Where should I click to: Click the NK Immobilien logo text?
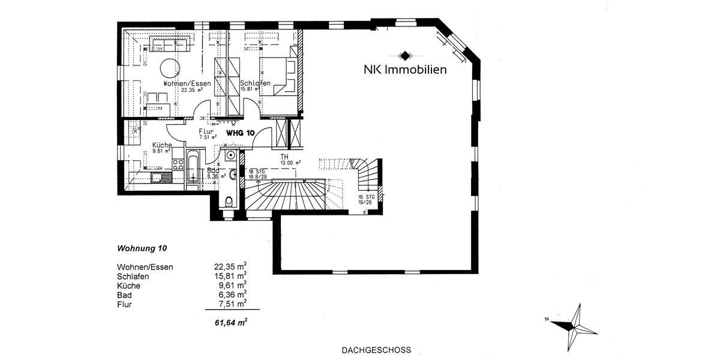click(x=405, y=69)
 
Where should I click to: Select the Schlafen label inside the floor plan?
click(x=254, y=83)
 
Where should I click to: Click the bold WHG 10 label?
click(x=240, y=132)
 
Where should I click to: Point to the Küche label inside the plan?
click(x=162, y=145)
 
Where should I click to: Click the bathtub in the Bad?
click(x=193, y=167)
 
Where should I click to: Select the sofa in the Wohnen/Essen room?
click(x=169, y=44)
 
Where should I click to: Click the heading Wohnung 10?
click(x=142, y=248)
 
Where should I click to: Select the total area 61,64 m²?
click(x=231, y=322)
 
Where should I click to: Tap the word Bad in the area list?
click(x=125, y=295)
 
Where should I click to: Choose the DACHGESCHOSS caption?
click(x=376, y=349)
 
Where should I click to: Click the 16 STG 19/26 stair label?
click(x=366, y=200)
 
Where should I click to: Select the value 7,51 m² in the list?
click(x=231, y=304)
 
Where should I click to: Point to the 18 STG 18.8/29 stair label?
click(x=258, y=174)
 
